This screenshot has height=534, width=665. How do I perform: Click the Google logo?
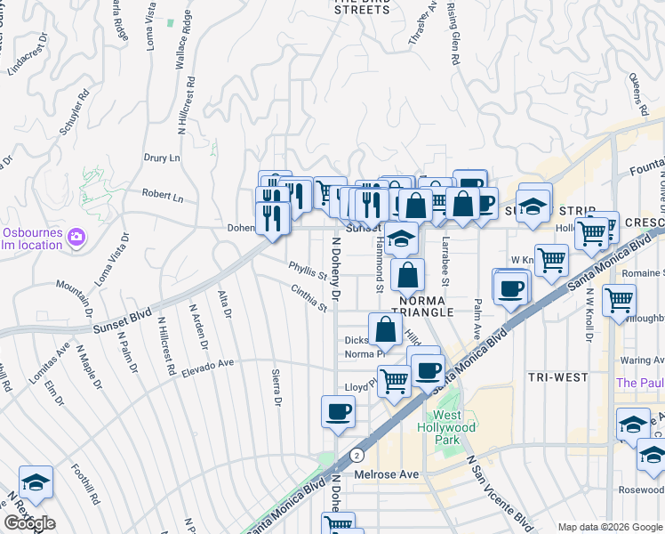[30, 523]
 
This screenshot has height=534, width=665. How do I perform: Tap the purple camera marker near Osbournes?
[76, 236]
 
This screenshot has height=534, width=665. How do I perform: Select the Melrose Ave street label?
[387, 474]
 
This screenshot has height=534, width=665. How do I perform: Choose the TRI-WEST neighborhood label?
[557, 377]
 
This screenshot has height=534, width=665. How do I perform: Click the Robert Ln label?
[162, 195]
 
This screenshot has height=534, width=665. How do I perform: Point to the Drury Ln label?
[161, 158]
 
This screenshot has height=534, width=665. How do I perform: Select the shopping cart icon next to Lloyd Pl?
[394, 381]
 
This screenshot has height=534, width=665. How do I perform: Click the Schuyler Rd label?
[76, 111]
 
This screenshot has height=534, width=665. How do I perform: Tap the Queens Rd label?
[635, 87]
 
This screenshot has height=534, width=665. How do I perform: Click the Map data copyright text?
[610, 527]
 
